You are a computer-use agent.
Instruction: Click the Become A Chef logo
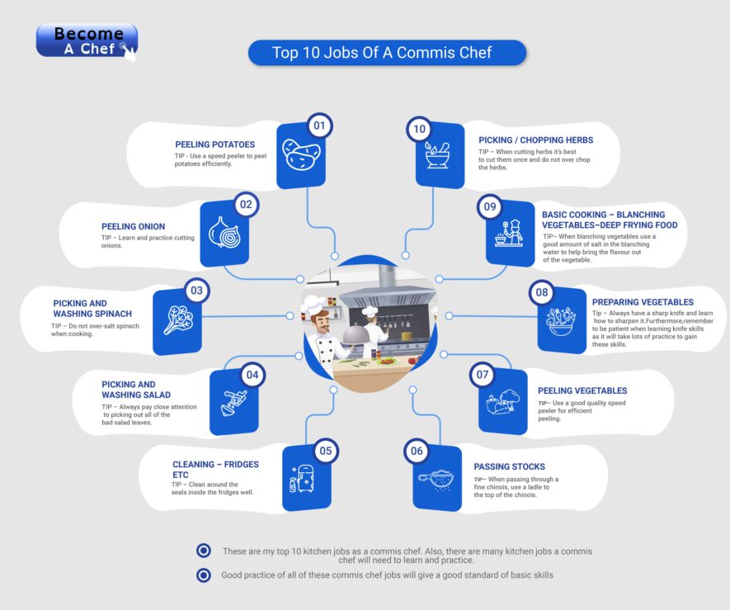click(x=87, y=41)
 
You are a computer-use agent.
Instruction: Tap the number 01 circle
click(x=319, y=126)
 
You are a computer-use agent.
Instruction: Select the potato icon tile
click(x=301, y=153)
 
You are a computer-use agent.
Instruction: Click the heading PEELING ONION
click(x=134, y=226)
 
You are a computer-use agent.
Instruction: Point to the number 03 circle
click(x=196, y=291)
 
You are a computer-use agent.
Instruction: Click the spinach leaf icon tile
click(x=177, y=319)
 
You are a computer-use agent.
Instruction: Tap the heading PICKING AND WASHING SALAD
click(x=129, y=390)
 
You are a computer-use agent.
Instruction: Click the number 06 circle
click(x=417, y=451)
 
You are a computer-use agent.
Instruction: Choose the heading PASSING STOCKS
click(x=509, y=466)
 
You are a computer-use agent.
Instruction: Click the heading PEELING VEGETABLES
click(x=582, y=390)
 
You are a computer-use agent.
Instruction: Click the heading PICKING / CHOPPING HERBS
click(x=535, y=140)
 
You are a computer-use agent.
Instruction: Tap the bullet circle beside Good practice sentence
click(x=203, y=575)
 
